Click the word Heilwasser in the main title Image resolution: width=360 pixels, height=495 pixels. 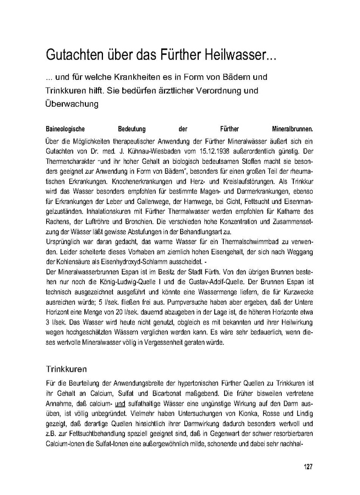[243, 56]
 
